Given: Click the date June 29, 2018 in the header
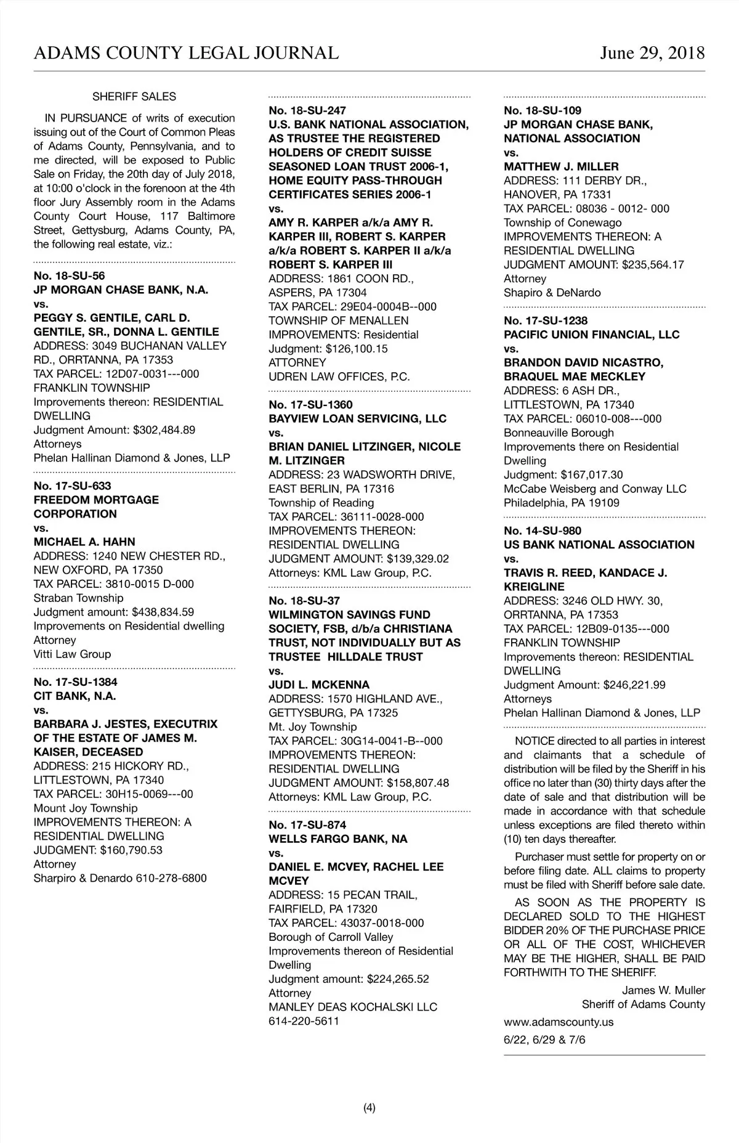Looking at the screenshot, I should (x=652, y=53).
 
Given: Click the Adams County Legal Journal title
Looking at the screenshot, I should (x=186, y=53).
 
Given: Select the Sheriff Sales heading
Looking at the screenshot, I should (x=134, y=97).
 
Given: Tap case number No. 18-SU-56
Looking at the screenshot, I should (x=69, y=276).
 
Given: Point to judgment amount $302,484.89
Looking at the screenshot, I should (x=164, y=430).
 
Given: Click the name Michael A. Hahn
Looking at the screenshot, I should (x=84, y=542).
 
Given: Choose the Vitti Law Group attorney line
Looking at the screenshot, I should (x=72, y=654).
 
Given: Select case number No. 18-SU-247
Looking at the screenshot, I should (x=307, y=111).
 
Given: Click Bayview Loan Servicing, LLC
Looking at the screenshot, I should (x=357, y=419).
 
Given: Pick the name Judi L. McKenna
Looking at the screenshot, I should (x=319, y=685).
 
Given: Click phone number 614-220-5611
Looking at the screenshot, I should (x=304, y=1021).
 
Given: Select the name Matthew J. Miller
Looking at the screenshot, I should (x=561, y=167).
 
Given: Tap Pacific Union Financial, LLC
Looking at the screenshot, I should (x=591, y=335).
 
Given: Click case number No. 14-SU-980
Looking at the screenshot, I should (x=542, y=531).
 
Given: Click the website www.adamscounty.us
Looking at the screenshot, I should (x=559, y=1022).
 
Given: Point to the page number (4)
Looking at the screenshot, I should (x=369, y=1108).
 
